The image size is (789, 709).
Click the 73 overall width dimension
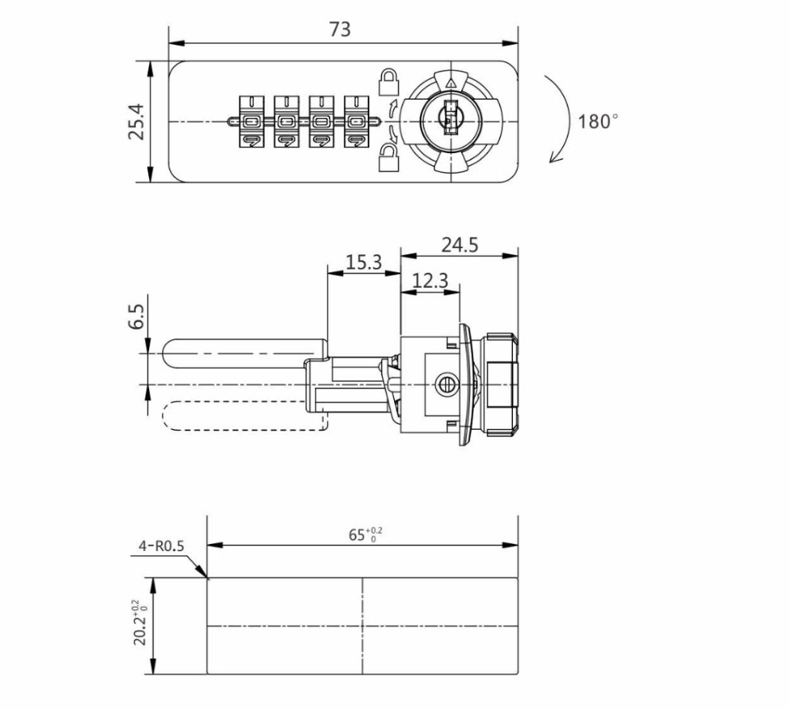click(x=340, y=30)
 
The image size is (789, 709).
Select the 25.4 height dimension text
click(x=136, y=122)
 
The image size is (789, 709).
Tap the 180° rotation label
click(x=598, y=122)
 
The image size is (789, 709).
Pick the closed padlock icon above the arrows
click(x=388, y=80)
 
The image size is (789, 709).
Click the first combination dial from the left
click(x=251, y=121)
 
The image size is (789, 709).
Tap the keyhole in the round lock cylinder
click(x=449, y=120)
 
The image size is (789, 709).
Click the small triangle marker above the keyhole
click(x=451, y=82)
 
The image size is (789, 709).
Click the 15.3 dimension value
click(x=363, y=262)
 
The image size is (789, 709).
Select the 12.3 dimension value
click(x=430, y=280)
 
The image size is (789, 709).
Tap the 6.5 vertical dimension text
click(x=136, y=317)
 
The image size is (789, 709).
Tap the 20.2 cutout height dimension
click(x=140, y=624)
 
